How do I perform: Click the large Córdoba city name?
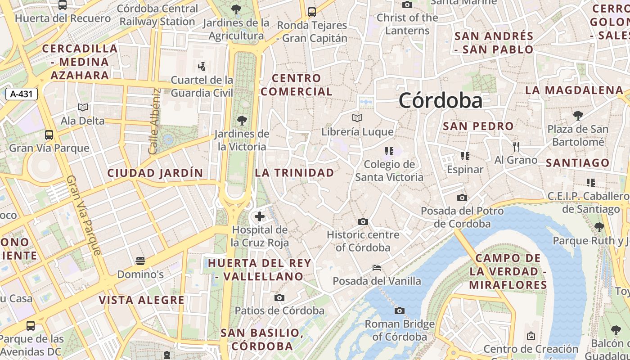pos(440,100)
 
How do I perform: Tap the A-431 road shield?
pos(21,94)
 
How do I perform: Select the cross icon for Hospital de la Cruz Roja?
pos(260,217)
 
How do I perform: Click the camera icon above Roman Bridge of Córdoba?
pos(399,310)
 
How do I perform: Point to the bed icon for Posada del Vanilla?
pos(377,268)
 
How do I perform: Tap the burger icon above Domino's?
pos(140,261)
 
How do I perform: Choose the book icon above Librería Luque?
pos(357,118)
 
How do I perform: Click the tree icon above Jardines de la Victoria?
pos(242,120)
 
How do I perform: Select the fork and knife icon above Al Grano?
pos(516,146)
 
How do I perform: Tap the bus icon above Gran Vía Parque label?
pos(49,135)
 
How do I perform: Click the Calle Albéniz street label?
pos(154,121)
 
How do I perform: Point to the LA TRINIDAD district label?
pos(295,173)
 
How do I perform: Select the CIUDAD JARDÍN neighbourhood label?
pos(155,173)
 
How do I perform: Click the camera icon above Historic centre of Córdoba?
pos(363,221)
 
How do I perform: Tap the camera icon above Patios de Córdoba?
pos(279,297)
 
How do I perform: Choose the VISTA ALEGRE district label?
pos(142,300)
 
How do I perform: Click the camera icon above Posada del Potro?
pos(462,198)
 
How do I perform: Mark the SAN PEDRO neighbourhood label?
pos(478,126)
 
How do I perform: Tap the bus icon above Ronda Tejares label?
pos(311,12)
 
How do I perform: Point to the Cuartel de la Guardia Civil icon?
pos(202,67)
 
